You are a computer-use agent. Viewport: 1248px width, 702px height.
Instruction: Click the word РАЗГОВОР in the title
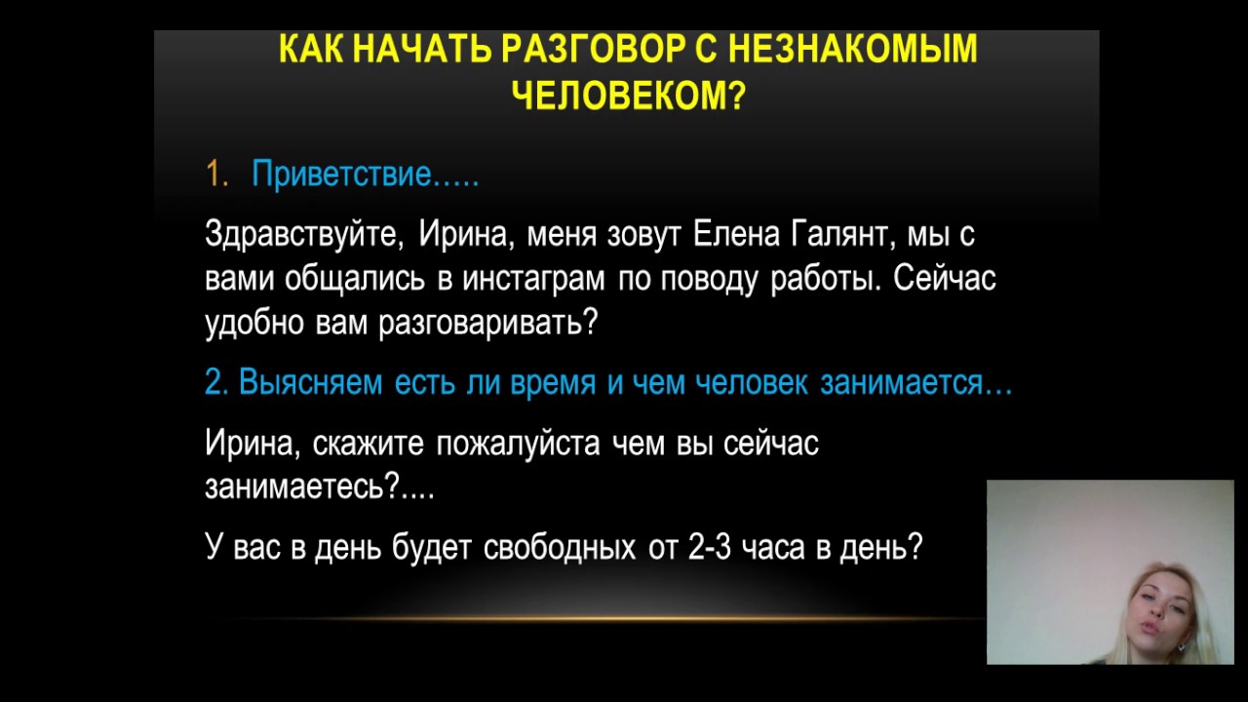point(593,48)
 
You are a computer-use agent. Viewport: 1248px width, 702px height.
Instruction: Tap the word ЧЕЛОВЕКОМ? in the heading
point(629,96)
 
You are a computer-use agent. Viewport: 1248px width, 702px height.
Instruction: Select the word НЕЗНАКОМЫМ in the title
point(852,48)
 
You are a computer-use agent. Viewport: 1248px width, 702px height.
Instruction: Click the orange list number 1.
point(216,174)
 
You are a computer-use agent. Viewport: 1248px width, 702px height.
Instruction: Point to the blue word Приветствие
point(341,175)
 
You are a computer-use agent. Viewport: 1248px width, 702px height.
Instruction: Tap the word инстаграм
point(533,278)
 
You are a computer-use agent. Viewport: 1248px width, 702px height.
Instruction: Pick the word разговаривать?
point(488,323)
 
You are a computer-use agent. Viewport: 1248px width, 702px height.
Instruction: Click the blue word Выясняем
point(311,383)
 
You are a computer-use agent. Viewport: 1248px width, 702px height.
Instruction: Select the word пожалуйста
point(518,444)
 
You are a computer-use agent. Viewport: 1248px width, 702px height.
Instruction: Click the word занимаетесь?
point(302,487)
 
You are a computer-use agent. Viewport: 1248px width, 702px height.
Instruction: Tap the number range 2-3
point(710,547)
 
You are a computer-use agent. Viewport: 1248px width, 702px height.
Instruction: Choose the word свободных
point(560,547)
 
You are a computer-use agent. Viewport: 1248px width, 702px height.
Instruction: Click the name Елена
point(736,234)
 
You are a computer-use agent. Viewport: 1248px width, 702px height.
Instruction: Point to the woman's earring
point(1180,646)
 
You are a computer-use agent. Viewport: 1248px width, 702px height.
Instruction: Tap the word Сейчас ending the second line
point(945,278)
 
